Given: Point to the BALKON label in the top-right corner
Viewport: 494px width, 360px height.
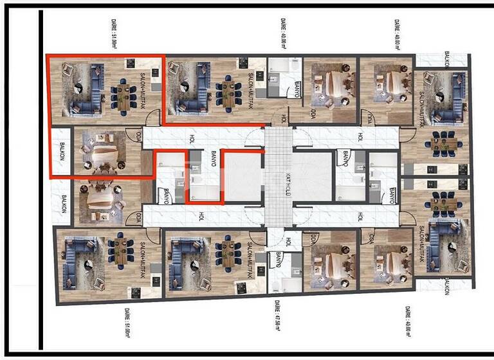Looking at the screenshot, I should (446, 59).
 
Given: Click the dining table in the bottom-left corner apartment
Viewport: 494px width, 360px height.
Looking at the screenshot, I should (120, 252).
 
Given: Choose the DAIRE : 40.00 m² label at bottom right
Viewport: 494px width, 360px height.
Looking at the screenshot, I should (407, 321).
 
